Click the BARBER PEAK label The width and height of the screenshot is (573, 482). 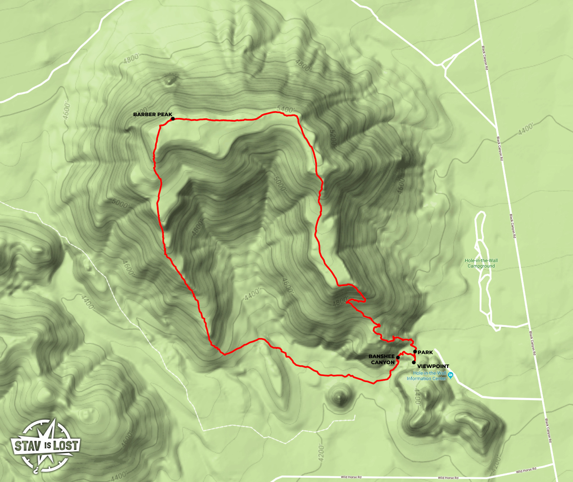(153, 114)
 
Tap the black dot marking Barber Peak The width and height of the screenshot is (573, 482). (173, 118)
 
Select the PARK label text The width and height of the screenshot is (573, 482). (425, 352)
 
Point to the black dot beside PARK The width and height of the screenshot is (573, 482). (415, 351)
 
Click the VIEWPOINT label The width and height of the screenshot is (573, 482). (433, 366)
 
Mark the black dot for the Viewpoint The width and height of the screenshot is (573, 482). (414, 362)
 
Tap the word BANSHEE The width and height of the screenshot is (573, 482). (382, 356)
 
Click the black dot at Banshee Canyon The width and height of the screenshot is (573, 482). (398, 358)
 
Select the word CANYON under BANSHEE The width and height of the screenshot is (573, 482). (383, 362)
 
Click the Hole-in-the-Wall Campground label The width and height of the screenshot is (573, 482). (481, 263)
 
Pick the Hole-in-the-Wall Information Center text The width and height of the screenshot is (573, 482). (427, 376)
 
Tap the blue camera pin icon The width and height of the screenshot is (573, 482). (450, 376)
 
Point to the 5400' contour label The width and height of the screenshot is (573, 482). (286, 109)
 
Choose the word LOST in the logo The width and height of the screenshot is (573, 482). (66, 446)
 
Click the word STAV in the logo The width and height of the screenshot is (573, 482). (28, 447)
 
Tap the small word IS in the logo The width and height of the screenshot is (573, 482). (48, 446)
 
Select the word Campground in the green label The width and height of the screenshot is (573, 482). (481, 266)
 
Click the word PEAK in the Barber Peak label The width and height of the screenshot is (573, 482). (165, 114)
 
